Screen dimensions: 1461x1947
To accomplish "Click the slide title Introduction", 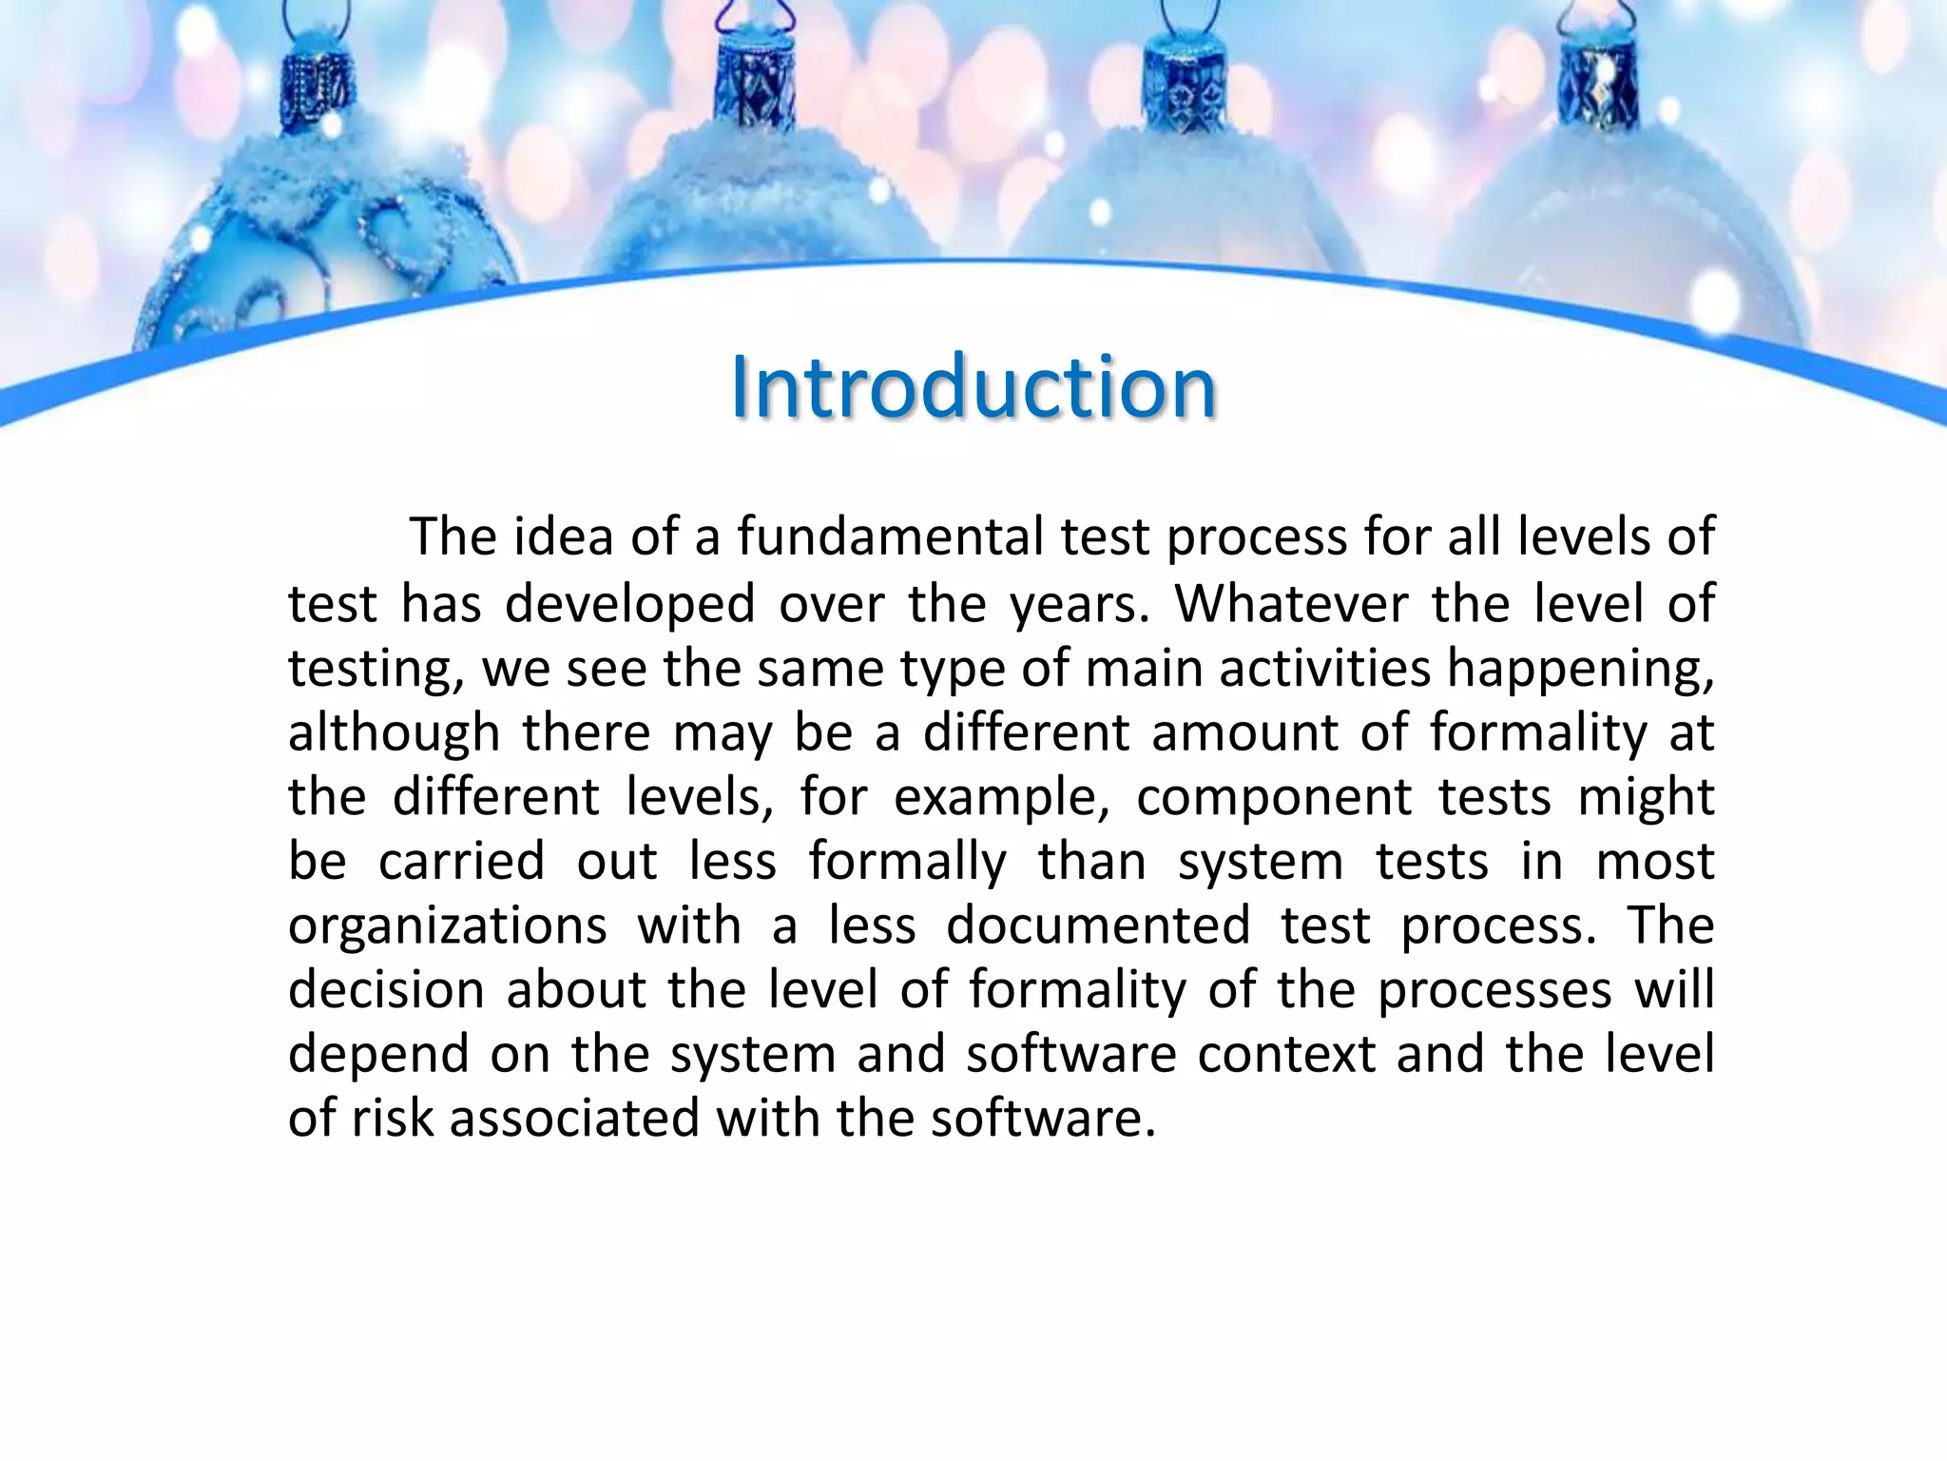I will pos(973,388).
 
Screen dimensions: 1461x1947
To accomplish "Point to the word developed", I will pos(629,604).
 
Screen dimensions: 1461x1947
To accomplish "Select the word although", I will pos(394,732).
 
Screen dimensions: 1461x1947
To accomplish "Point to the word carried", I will pos(461,861).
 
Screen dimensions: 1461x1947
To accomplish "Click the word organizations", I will pos(447,926).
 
